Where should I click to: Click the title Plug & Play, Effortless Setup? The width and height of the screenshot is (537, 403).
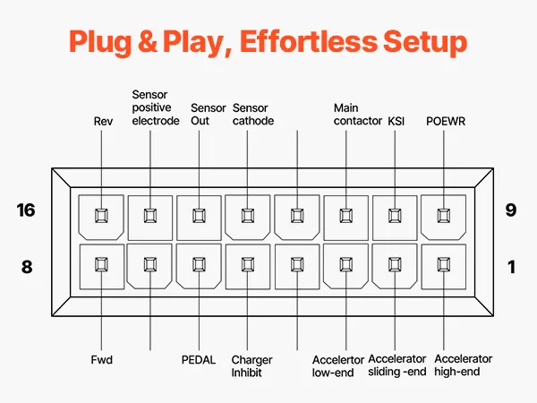[x=268, y=43]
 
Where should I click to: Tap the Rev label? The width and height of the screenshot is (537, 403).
[x=102, y=121]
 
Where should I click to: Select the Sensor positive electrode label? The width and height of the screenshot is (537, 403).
[x=156, y=107]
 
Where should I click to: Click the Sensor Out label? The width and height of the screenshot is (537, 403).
[x=209, y=114]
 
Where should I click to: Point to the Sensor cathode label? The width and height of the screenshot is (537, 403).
[x=253, y=114]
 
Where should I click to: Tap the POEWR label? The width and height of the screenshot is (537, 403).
[x=445, y=121]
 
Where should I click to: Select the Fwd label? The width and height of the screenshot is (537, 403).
[x=102, y=359]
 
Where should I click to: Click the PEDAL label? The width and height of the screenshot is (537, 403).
[x=198, y=359]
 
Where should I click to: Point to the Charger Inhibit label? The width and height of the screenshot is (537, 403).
[x=251, y=365]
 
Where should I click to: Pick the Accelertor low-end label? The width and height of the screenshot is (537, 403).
[x=338, y=365]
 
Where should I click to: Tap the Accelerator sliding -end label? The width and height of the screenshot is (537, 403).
[x=396, y=365]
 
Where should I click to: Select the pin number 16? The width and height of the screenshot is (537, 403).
[x=26, y=210]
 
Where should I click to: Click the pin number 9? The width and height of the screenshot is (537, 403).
[x=511, y=210]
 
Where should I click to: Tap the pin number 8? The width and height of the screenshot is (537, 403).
[x=26, y=266]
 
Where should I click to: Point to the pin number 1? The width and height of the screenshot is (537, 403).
[x=511, y=266]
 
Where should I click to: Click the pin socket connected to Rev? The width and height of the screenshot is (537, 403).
[x=102, y=216]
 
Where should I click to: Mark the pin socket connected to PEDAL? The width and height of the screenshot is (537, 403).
[x=199, y=265]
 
